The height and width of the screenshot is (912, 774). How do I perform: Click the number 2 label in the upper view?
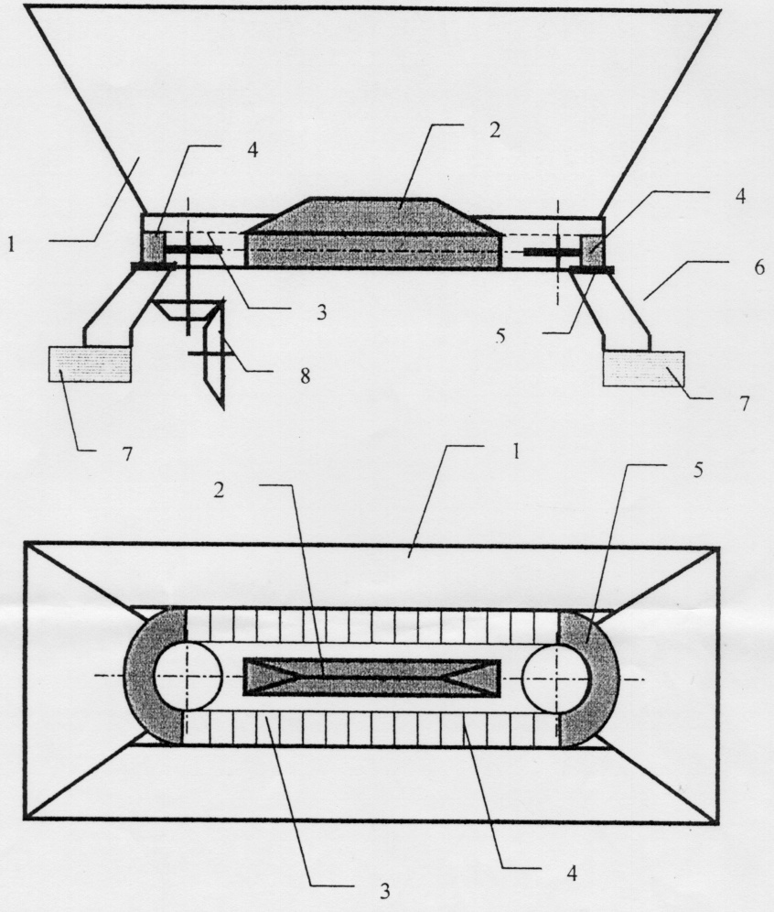pos(494,130)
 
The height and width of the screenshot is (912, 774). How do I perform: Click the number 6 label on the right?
pos(759,268)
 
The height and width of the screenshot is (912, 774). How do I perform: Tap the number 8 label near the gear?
pos(305,375)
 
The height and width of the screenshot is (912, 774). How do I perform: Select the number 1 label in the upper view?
pos(10,244)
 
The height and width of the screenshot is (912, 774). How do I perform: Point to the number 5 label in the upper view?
pos(500,335)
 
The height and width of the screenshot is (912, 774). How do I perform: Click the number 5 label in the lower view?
pos(697,469)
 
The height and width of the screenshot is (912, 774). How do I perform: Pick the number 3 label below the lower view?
pos(384,890)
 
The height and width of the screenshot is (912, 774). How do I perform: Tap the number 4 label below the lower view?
pos(572,873)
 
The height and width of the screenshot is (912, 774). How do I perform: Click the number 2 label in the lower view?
pos(219,490)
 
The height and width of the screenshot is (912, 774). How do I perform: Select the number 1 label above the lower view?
pos(516,452)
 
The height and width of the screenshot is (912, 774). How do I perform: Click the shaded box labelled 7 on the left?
pos(90,364)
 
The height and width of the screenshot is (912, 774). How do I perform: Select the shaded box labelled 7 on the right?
pos(644,369)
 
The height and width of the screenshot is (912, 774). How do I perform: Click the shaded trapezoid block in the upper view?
pos(372,233)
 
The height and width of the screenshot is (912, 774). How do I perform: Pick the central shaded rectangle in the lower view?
pos(371,677)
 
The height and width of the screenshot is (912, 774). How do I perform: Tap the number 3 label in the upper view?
pos(321,312)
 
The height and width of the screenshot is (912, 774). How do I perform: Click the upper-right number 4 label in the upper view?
pos(739,196)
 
